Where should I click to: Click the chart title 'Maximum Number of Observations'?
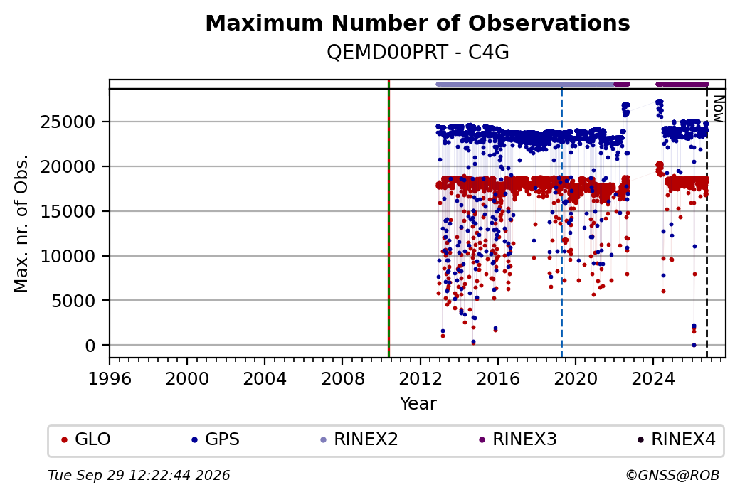[418, 23]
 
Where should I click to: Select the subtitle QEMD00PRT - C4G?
[418, 53]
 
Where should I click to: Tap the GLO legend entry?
[86, 439]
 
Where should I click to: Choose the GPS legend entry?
[216, 439]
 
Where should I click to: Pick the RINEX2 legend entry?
[359, 439]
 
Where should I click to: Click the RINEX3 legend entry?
[518, 439]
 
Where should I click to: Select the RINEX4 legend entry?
[677, 439]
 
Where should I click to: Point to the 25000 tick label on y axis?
[68, 122]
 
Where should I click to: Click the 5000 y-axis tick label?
[73, 300]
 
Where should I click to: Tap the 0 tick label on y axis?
[90, 346]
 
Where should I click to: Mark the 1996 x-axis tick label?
[110, 379]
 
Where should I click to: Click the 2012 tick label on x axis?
[420, 379]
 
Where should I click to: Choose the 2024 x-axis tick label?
[653, 379]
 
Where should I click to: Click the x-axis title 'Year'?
[418, 404]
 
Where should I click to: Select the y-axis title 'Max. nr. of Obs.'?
[21, 223]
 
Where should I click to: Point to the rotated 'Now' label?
[718, 109]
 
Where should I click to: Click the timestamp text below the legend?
[139, 475]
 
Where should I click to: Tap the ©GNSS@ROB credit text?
[672, 475]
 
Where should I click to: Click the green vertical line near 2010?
[388, 219]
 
